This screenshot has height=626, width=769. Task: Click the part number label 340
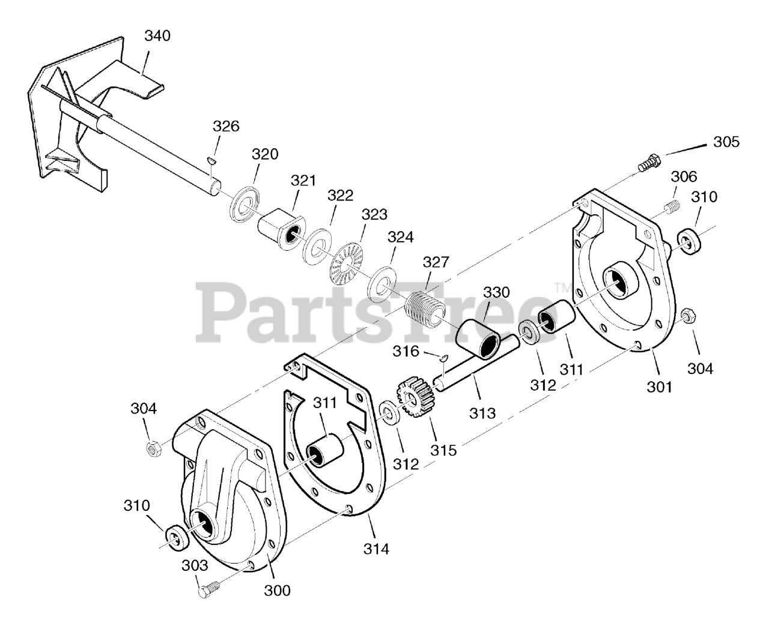point(157,36)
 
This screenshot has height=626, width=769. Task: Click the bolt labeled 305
point(648,163)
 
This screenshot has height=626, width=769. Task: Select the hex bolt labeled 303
point(204,589)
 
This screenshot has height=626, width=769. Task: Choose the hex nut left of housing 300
point(154,447)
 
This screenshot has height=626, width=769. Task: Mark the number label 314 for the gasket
point(377,548)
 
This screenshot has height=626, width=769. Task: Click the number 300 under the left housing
point(277,590)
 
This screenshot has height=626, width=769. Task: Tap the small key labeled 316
point(442,358)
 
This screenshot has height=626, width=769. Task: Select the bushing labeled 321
point(278,226)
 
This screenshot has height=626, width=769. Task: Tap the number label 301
point(660,387)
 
